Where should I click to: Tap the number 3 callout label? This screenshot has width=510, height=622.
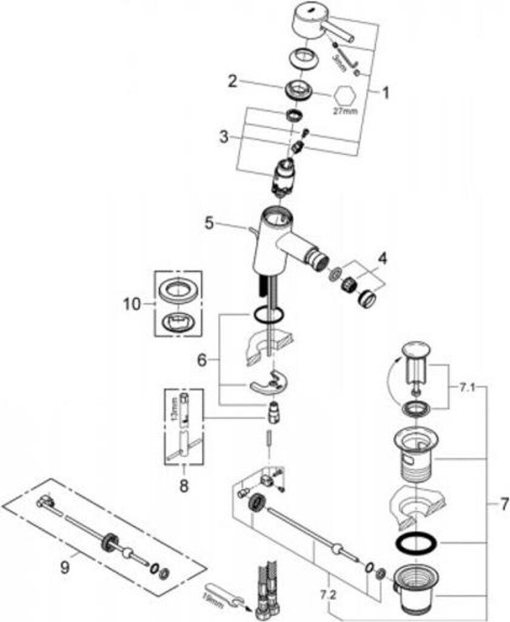225,137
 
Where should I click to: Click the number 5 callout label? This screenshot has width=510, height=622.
209,223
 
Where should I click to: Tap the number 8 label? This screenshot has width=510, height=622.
184,485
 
